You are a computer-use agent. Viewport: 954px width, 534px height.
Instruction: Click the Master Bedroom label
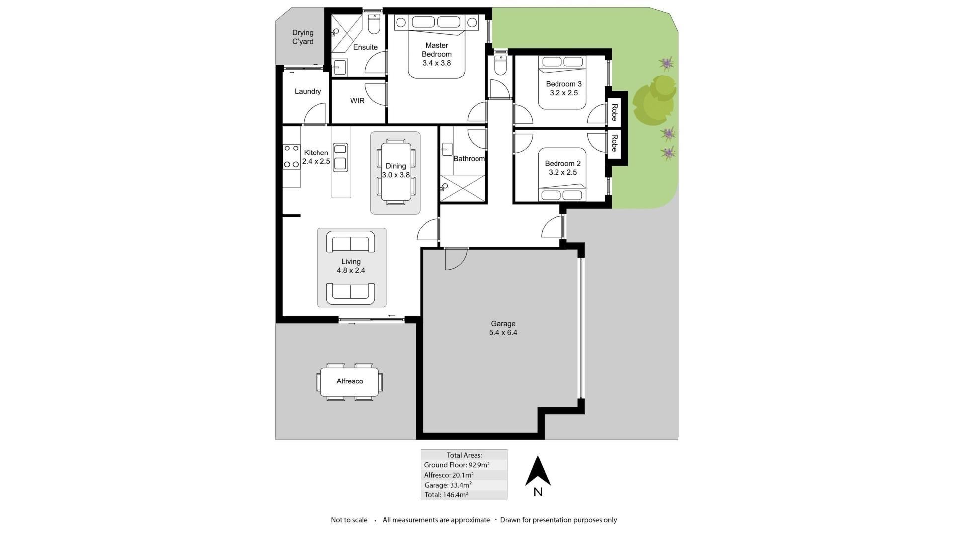pos(437,50)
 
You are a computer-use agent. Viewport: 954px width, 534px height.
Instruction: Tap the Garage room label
pos(503,324)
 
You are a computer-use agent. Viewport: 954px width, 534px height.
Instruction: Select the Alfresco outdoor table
pos(350,381)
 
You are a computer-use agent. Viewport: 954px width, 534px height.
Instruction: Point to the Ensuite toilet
pos(374,23)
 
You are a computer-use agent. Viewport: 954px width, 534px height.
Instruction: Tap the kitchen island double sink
pos(340,157)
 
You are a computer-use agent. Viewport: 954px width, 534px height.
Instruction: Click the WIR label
pos(357,101)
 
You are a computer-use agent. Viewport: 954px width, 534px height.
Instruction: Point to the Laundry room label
pos(308,91)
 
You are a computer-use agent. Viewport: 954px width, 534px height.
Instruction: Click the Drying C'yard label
pos(303,37)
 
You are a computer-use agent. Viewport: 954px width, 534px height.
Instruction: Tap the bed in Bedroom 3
pos(562,82)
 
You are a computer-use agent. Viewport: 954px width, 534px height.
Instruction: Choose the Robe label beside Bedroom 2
pos(614,143)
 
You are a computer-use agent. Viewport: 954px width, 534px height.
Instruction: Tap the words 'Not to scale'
pos(349,520)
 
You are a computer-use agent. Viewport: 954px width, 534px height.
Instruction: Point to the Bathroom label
pos(469,159)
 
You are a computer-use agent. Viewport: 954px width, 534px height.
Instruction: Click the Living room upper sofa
pos(351,242)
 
